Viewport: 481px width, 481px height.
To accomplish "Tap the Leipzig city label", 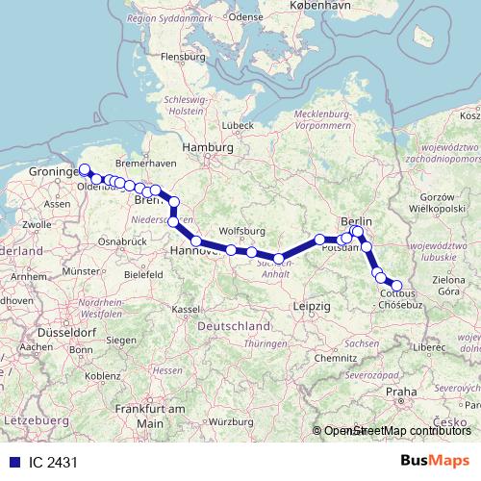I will pos(310,305).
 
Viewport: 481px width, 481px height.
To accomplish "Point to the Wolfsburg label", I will pos(241,231).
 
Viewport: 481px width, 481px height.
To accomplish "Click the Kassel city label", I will pos(186,310).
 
